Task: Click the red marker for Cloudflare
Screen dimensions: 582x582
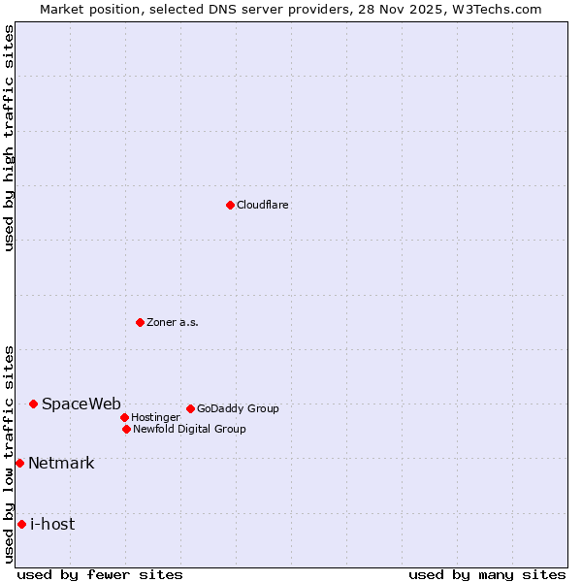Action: click(x=230, y=205)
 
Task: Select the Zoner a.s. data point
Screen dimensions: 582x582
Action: click(x=140, y=322)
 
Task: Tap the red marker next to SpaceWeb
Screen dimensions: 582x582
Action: click(x=33, y=404)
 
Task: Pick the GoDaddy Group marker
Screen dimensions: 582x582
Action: click(x=190, y=408)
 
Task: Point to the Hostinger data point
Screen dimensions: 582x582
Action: click(x=124, y=417)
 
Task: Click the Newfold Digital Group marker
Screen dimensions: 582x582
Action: click(x=126, y=429)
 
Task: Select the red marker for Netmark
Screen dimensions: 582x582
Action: click(x=19, y=463)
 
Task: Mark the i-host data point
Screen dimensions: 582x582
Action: click(x=21, y=524)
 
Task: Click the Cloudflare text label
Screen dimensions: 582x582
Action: click(x=262, y=205)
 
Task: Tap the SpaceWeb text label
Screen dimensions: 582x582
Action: click(x=81, y=404)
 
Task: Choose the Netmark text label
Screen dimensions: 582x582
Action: click(x=61, y=463)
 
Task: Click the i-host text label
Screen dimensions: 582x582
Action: click(x=52, y=524)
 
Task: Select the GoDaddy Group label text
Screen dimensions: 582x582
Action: click(x=238, y=408)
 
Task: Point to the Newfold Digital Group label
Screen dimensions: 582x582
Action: click(x=189, y=429)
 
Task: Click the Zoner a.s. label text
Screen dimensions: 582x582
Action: click(x=173, y=322)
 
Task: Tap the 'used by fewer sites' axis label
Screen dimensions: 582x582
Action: click(x=100, y=574)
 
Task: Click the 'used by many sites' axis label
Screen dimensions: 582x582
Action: click(x=487, y=574)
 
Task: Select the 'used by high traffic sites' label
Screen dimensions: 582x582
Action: click(x=9, y=138)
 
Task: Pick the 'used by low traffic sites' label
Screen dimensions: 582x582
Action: click(x=9, y=454)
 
